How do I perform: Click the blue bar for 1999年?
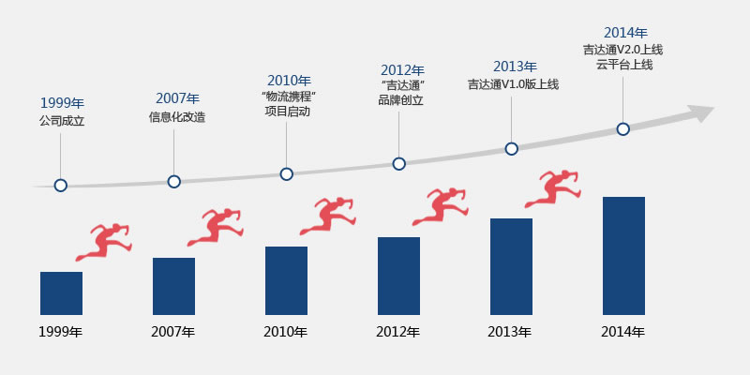[61, 293]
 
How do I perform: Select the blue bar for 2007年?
[173, 286]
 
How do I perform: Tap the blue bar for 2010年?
[286, 280]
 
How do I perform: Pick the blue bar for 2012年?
[398, 276]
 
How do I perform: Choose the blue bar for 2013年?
[511, 266]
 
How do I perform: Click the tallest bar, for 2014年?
[623, 255]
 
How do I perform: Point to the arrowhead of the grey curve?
[701, 114]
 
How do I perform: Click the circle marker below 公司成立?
[61, 186]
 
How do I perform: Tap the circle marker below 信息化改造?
[173, 181]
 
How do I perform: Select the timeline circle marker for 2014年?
[622, 129]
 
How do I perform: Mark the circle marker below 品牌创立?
[398, 164]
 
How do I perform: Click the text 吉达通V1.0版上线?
[513, 84]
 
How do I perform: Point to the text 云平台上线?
[623, 65]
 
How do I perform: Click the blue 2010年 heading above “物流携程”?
[289, 81]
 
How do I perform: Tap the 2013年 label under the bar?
[510, 332]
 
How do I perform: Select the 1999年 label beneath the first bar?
[61, 332]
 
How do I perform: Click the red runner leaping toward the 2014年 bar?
[553, 188]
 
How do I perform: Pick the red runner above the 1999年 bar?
[104, 241]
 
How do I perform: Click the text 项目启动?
[288, 111]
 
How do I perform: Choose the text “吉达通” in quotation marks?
[401, 85]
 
